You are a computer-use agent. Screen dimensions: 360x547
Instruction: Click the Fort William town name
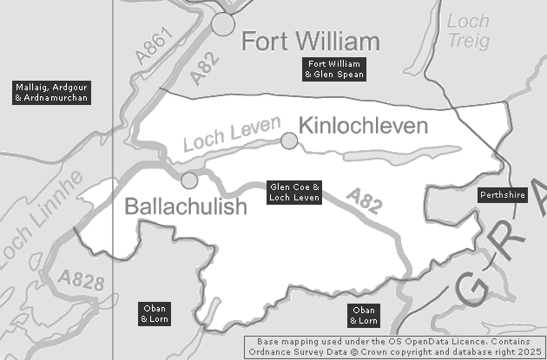pyautogui.click(x=310, y=42)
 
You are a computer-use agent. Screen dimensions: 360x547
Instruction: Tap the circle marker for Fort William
pyautogui.click(x=224, y=24)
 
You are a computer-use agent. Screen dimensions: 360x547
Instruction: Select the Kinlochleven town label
pyautogui.click(x=364, y=127)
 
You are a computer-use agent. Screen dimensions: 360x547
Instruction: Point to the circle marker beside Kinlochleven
pyautogui.click(x=289, y=141)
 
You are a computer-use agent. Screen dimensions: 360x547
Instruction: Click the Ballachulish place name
pyautogui.click(x=186, y=206)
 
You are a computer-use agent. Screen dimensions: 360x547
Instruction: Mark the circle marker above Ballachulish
pyautogui.click(x=189, y=180)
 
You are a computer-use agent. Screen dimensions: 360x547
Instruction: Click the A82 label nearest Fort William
pyautogui.click(x=201, y=72)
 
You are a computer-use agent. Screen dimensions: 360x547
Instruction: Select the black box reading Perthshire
pyautogui.click(x=503, y=195)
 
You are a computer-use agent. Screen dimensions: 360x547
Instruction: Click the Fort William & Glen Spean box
pyautogui.click(x=334, y=69)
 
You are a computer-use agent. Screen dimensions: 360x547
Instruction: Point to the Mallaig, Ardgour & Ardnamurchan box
pyautogui.click(x=53, y=93)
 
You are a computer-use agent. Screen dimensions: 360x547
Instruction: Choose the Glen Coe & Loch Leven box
pyautogui.click(x=294, y=193)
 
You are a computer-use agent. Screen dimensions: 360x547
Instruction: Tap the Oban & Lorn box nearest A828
pyautogui.click(x=155, y=314)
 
